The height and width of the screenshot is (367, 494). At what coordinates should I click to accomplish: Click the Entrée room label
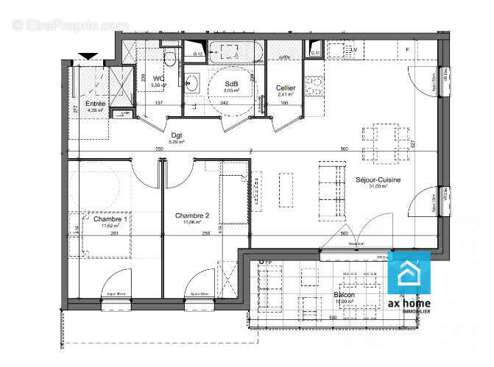tap(96, 104)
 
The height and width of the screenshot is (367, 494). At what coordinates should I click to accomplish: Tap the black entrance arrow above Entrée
tap(88, 56)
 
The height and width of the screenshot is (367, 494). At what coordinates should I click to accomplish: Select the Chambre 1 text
tap(110, 218)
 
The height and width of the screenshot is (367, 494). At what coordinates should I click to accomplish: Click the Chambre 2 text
tap(192, 215)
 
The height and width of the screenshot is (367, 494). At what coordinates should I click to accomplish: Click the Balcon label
tap(344, 295)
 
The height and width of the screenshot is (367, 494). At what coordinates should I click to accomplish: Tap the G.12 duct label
tap(198, 54)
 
